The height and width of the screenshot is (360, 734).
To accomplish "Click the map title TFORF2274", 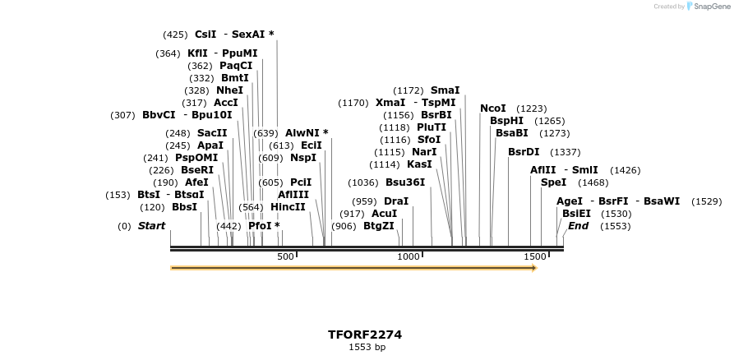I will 364,335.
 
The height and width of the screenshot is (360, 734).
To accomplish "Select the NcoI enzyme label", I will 493,108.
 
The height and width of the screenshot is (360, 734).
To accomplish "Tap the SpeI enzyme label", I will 553,182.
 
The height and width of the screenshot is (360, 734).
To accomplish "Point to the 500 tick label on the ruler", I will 285,257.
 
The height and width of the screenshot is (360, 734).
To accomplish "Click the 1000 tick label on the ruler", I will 409,257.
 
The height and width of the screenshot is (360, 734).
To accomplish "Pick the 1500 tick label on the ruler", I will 535,257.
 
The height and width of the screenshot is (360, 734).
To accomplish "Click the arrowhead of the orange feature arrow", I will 533,268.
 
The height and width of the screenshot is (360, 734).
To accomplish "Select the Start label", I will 151,226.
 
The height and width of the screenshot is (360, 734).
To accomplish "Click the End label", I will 578,226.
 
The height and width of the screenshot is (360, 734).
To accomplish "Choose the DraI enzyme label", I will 396,201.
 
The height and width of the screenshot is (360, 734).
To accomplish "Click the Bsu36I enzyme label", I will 405,182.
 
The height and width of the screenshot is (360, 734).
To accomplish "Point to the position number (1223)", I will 531,108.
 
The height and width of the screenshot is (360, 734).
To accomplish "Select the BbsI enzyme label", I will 184,207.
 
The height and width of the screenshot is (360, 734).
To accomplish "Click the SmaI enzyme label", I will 445,90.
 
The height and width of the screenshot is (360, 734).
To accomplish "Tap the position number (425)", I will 175,35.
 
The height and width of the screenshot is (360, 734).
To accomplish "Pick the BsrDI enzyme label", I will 524,152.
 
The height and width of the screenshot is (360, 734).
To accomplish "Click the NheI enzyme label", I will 229,90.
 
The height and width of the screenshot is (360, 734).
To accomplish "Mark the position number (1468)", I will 593,182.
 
